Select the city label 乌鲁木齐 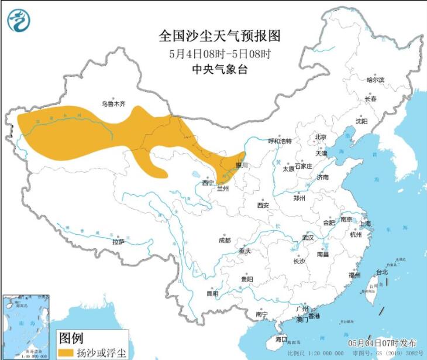click(x=113, y=104)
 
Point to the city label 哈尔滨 click(x=375, y=80)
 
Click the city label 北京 click(x=320, y=138)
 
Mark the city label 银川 click(x=242, y=165)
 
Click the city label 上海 click(x=366, y=223)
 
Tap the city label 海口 click(x=281, y=339)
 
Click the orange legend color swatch click(x=66, y=352)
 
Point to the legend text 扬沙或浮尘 click(x=101, y=352)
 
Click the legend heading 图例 click(x=71, y=338)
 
